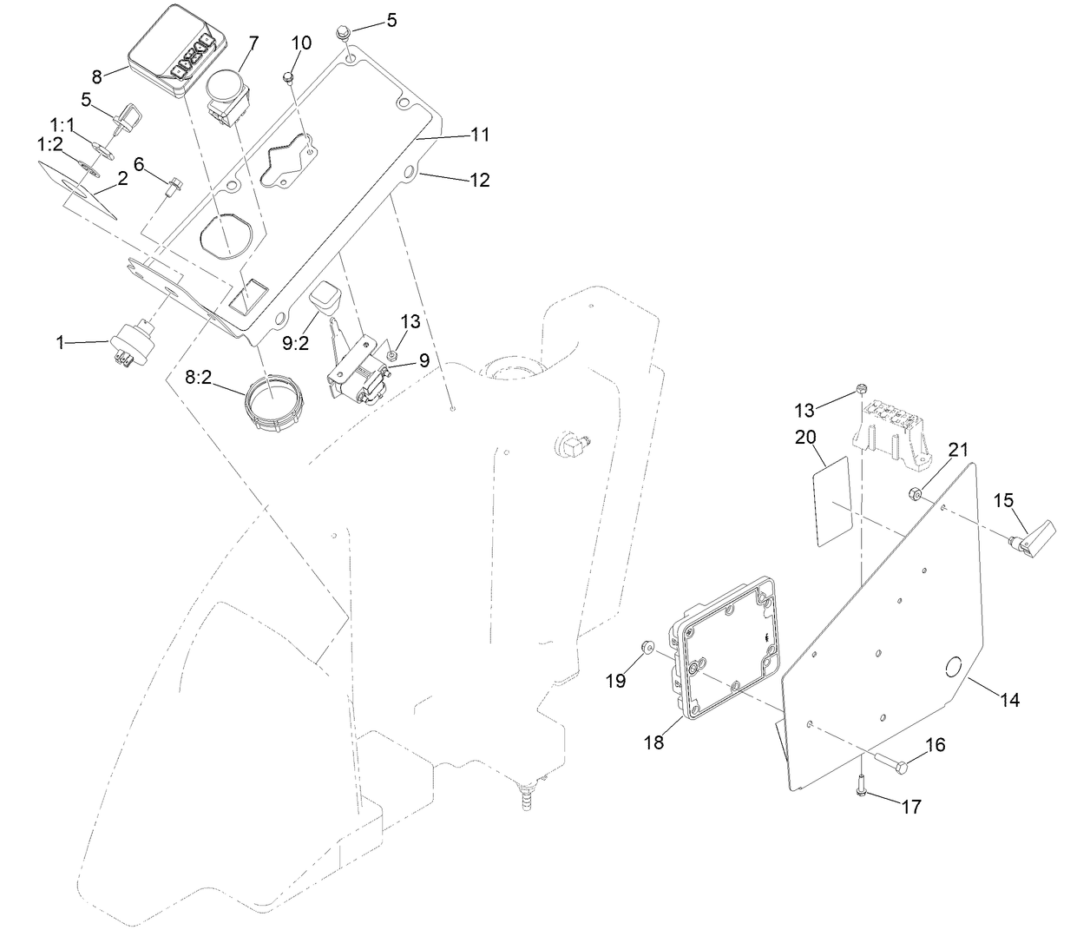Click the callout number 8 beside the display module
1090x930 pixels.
(x=97, y=76)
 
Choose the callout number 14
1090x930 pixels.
(x=1009, y=699)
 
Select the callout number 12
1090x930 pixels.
(x=480, y=180)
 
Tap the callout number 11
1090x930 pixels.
(x=480, y=135)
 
